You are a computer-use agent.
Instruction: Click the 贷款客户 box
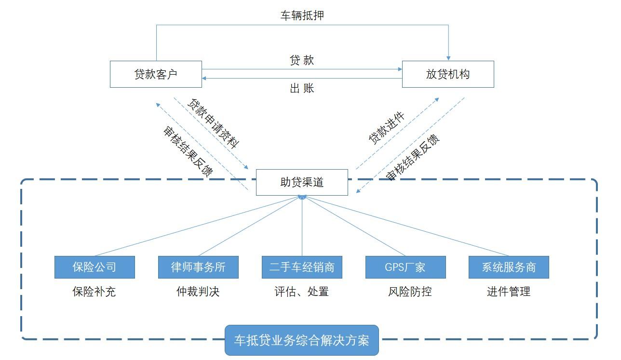(x=156, y=74)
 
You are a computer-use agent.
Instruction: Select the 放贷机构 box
(x=448, y=74)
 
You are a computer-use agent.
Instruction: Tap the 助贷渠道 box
(x=302, y=182)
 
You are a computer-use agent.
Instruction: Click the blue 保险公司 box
(x=94, y=267)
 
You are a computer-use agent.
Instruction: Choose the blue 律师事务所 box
(x=198, y=267)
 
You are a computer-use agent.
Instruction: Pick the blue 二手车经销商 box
(x=302, y=267)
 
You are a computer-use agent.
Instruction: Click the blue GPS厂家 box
(x=405, y=267)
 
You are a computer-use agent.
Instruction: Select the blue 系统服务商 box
(x=509, y=267)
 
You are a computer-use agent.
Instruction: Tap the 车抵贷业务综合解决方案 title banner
(x=302, y=340)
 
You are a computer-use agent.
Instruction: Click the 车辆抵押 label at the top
(x=302, y=15)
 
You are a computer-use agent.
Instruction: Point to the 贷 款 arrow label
(x=302, y=60)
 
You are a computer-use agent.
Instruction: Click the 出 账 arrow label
(x=302, y=88)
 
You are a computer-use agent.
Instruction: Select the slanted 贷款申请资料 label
(x=214, y=124)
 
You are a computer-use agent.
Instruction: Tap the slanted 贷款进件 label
(x=387, y=128)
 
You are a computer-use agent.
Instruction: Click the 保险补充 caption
(x=94, y=292)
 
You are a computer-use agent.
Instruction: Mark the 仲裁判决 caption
(x=198, y=292)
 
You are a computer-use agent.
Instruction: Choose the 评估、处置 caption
(x=302, y=292)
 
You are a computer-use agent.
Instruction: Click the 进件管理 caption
(x=509, y=292)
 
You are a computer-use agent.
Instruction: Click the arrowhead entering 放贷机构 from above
(x=448, y=58)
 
